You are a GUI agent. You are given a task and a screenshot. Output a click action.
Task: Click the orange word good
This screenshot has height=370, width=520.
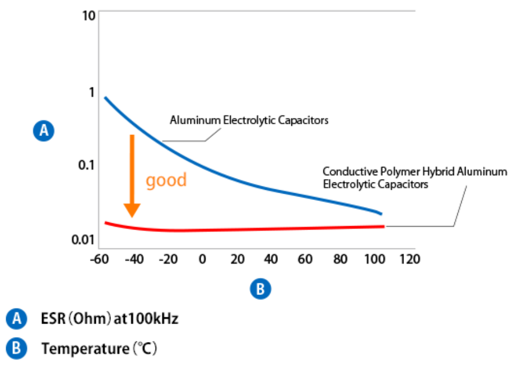pos(166,181)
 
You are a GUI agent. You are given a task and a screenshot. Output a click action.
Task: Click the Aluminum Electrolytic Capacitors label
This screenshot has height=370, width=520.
pos(249,120)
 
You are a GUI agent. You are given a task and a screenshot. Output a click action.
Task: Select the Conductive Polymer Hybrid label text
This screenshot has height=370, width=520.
pos(415,177)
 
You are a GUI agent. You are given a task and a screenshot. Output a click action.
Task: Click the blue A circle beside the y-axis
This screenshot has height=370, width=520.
pos(43,132)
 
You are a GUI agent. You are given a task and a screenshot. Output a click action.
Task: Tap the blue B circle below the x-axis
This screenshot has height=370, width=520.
pos(259,289)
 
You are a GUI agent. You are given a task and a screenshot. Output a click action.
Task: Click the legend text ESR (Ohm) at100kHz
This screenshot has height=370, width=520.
pos(110,319)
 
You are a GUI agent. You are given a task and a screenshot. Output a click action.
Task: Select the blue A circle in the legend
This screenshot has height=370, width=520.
pos(16,319)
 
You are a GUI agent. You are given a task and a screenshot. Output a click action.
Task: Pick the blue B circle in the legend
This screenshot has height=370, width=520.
pos(16,349)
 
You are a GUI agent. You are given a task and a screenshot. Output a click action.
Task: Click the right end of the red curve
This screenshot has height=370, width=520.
pos(384,226)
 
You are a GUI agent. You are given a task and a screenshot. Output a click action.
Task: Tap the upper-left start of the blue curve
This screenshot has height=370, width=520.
pos(105,98)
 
